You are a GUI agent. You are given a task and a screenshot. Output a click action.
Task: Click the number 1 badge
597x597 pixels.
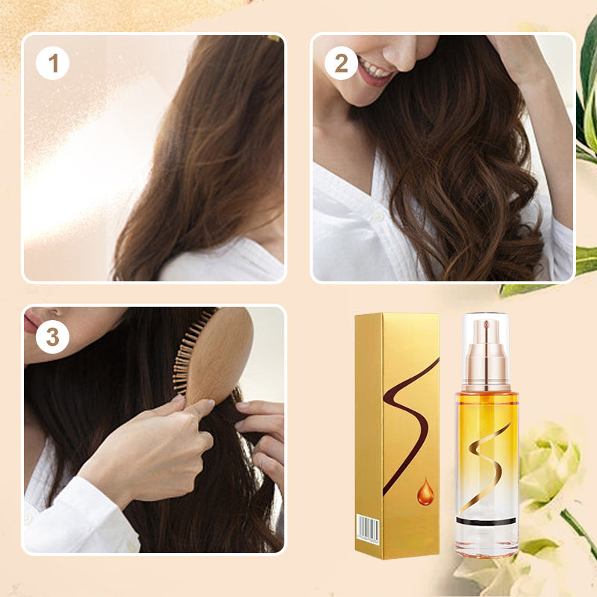coord(52,64)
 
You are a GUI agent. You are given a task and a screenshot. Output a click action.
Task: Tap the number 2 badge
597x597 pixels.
coord(341,64)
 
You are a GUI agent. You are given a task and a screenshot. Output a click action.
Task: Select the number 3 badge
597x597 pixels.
coord(52,337)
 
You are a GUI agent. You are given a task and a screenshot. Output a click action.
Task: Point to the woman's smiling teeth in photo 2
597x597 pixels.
coord(375,72)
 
